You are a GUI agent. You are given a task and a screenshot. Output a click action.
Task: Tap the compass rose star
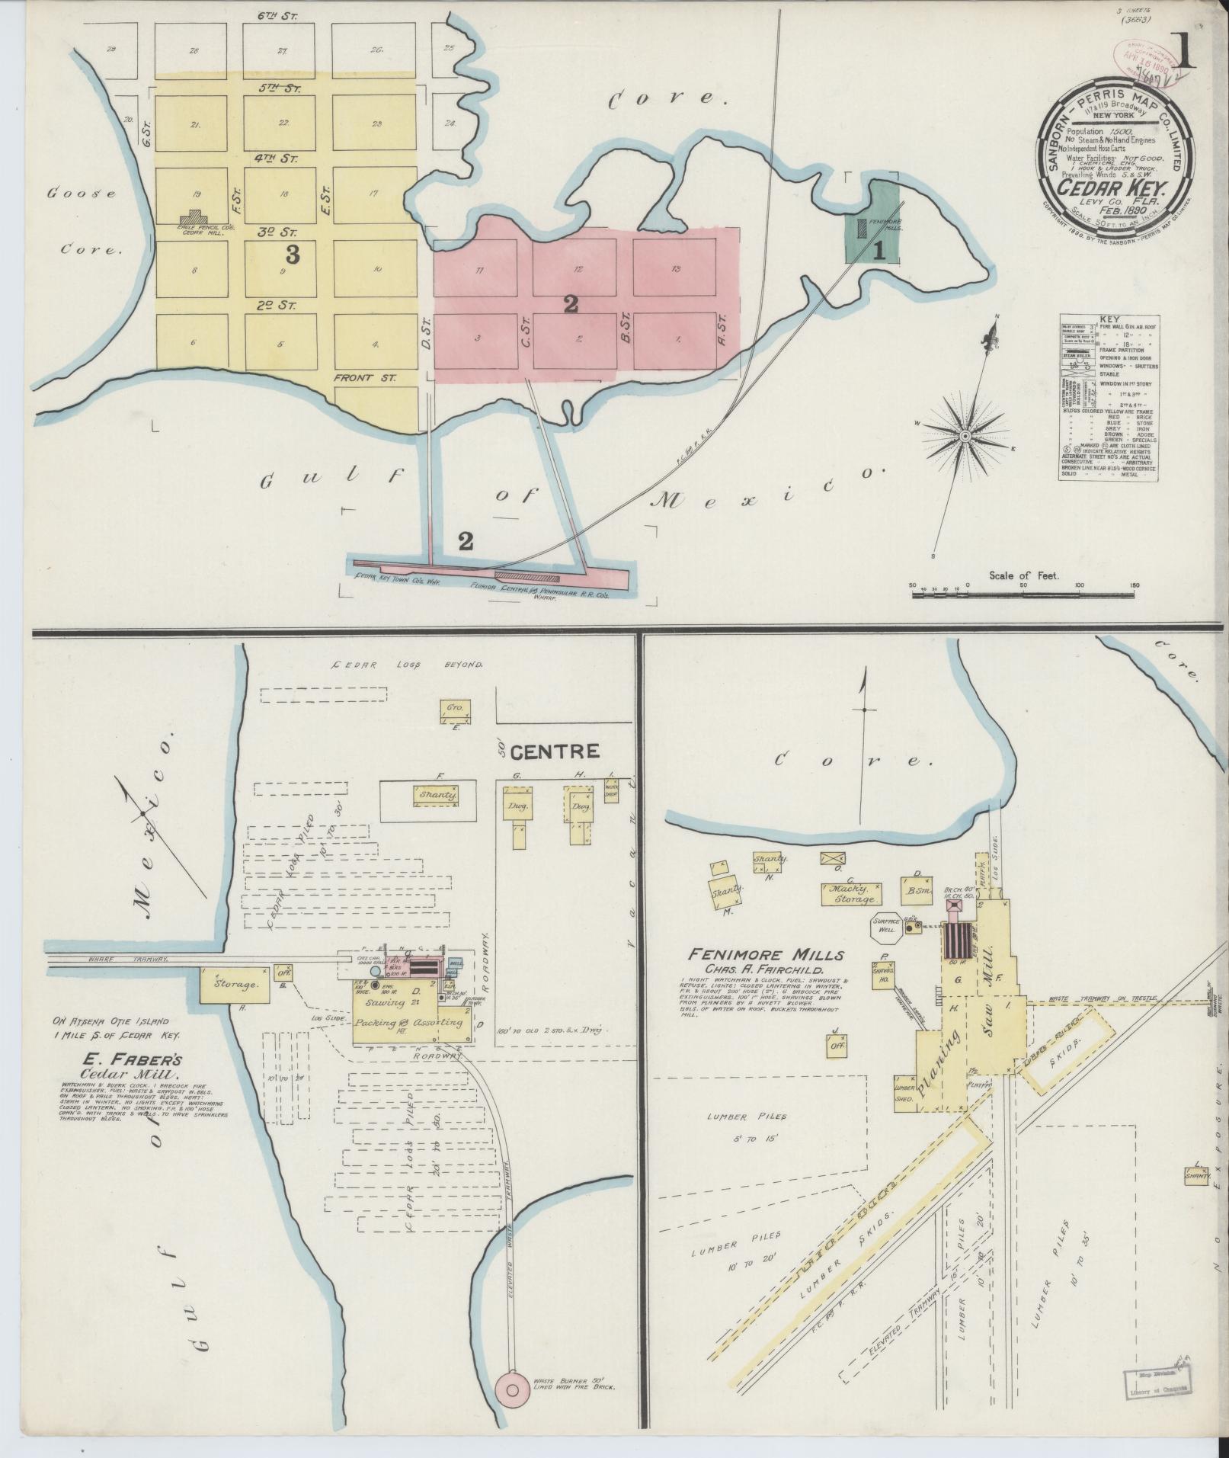coord(965,436)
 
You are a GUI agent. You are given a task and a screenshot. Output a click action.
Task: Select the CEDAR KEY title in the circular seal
coord(1112,187)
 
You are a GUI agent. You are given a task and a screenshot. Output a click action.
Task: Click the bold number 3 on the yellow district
coord(292,255)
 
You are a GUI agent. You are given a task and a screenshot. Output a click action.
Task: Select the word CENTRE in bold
coord(555,752)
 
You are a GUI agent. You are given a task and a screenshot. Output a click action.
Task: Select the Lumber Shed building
coord(904,1094)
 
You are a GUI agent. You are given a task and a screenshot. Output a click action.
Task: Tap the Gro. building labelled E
coord(455,709)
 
